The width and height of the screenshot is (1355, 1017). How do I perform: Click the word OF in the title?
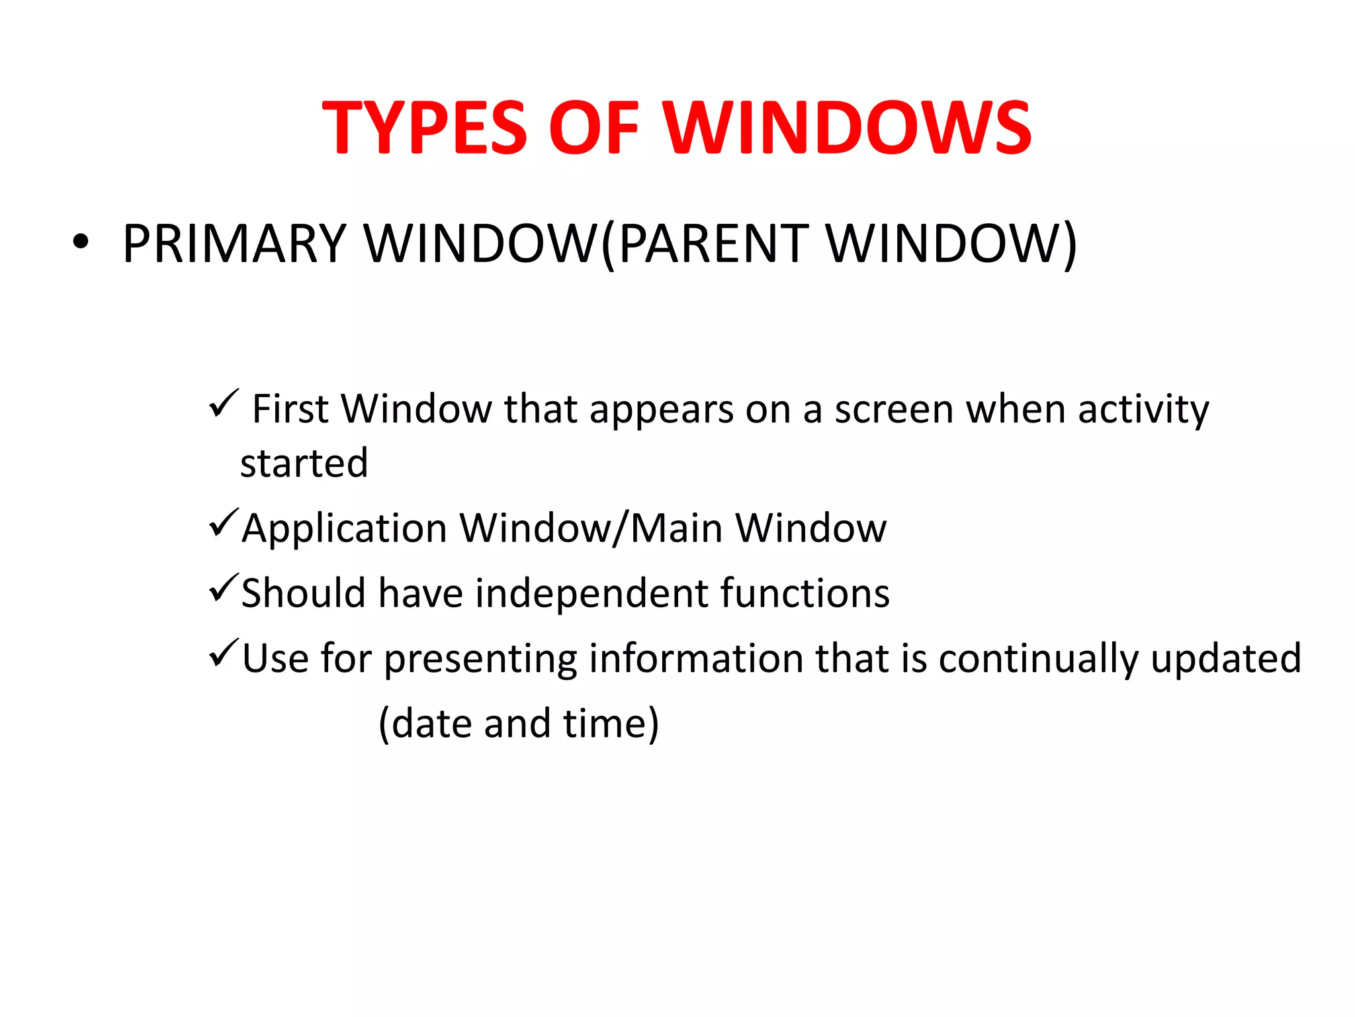point(593,127)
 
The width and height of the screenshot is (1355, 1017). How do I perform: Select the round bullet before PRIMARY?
point(80,242)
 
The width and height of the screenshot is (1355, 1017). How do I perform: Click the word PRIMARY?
point(234,244)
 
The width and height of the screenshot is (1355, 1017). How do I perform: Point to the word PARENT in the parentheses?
point(713,244)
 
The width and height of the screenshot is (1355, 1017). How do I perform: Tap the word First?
point(290,409)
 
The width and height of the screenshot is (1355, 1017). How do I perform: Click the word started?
point(304,463)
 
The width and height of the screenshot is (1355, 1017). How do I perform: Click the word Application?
point(344,528)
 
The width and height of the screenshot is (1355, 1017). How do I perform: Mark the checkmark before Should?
point(224,587)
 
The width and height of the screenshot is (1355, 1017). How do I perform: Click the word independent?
point(591,593)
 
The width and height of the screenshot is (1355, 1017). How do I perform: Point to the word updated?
point(1225,659)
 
